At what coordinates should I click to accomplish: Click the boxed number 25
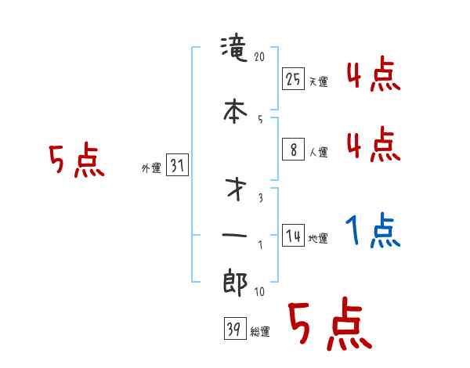coord(293,79)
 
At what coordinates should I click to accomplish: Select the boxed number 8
coord(293,150)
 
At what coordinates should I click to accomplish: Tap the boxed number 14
coord(293,236)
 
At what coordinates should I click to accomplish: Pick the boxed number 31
coord(177,166)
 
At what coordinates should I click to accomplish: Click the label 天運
coord(318,81)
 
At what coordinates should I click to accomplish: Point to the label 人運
coord(318,152)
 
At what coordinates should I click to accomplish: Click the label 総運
coord(260,332)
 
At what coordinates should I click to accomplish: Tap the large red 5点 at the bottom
coord(328,325)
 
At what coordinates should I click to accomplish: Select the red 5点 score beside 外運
coord(76,161)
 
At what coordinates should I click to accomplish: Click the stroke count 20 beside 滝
coord(261,56)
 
